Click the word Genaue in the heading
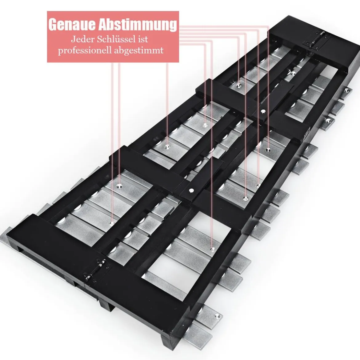(x=72, y=24)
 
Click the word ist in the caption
(x=143, y=39)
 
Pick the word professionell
(x=85, y=50)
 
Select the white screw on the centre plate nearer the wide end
(x=191, y=190)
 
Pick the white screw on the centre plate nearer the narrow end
(x=263, y=112)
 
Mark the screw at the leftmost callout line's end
(x=112, y=223)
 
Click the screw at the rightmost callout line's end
(x=268, y=150)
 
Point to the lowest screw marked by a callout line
(x=212, y=249)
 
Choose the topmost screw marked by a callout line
(x=239, y=86)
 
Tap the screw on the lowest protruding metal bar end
(x=217, y=316)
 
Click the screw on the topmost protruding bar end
(x=347, y=91)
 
